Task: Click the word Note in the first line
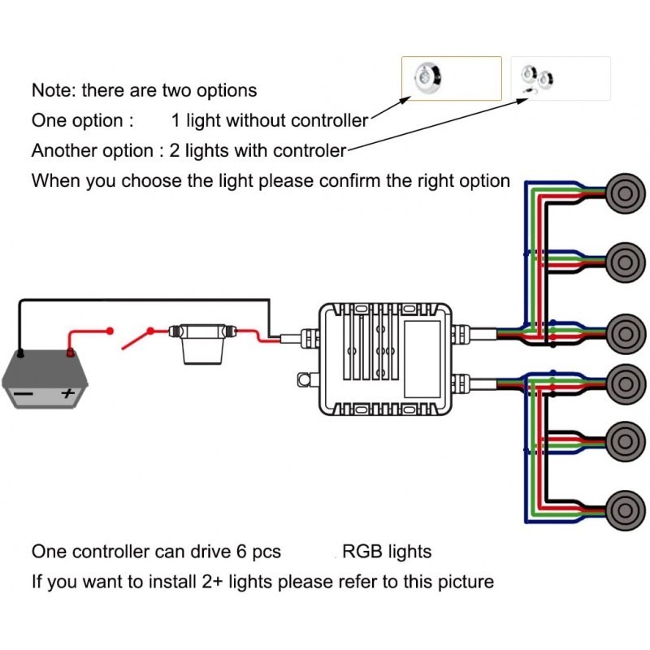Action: (54, 90)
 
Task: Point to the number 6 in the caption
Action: (241, 552)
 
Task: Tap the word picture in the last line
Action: (465, 583)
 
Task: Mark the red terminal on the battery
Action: (70, 353)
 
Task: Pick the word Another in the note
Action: (63, 150)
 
